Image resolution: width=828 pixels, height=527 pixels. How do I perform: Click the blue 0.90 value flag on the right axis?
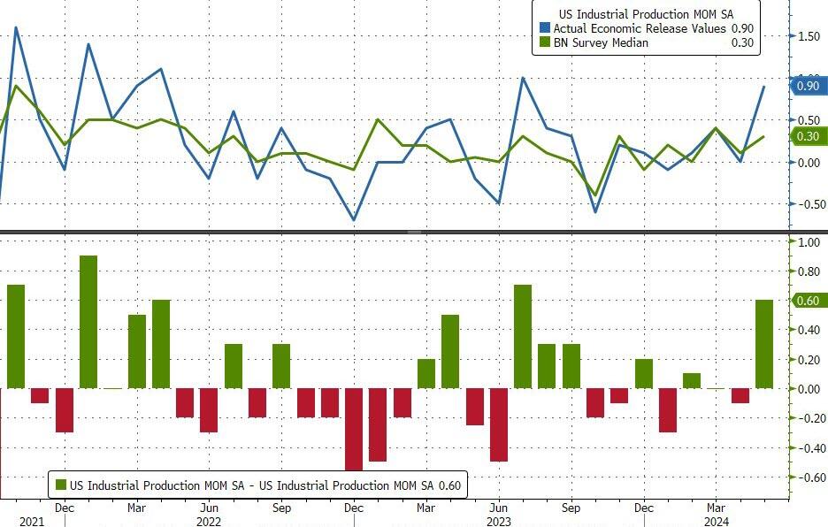click(809, 86)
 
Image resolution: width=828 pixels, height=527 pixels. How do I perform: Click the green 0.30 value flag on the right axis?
click(809, 135)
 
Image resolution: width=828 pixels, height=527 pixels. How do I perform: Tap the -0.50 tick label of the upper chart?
click(807, 203)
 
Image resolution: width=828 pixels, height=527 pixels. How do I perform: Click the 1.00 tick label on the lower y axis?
click(809, 241)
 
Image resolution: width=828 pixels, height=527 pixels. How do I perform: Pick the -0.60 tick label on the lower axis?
click(807, 477)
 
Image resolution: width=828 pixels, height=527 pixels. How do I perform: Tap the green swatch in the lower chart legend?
click(61, 485)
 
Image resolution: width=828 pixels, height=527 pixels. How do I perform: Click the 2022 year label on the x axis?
click(209, 522)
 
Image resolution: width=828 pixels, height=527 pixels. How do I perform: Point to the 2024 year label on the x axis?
click(717, 522)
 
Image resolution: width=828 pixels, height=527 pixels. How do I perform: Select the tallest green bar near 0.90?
click(88, 322)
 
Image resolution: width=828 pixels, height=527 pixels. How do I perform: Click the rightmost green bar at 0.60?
click(764, 344)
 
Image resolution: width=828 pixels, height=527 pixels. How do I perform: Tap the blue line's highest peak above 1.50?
click(16, 27)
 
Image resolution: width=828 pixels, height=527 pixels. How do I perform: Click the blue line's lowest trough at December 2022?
click(354, 220)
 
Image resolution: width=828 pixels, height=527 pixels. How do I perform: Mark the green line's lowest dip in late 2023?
click(595, 195)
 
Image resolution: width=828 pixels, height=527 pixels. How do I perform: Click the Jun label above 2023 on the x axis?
click(498, 508)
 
